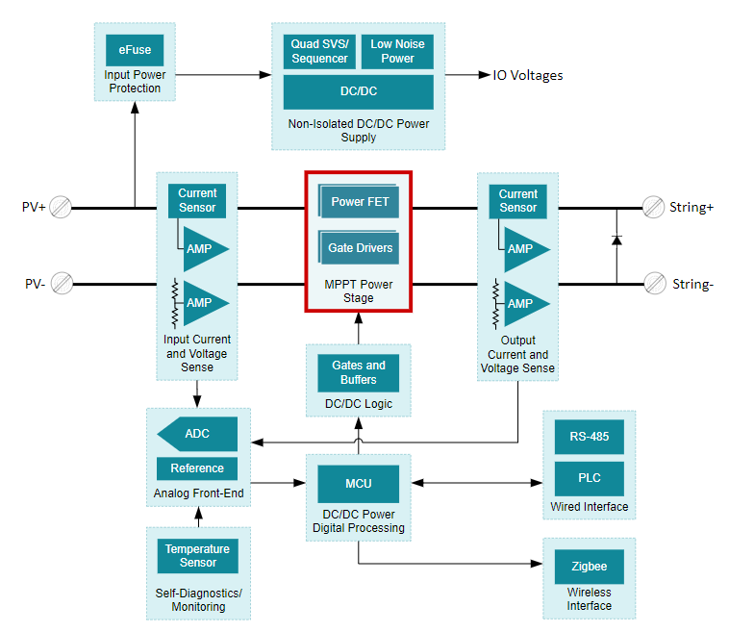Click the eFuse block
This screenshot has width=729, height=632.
(x=135, y=49)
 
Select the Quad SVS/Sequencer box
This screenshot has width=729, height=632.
(x=319, y=51)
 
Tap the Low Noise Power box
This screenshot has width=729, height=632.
(x=397, y=51)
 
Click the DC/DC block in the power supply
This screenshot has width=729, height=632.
(x=358, y=92)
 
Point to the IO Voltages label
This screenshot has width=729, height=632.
(x=528, y=75)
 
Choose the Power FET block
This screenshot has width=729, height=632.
(x=360, y=202)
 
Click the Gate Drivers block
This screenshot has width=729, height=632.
(x=360, y=248)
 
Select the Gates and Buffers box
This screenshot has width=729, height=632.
(x=358, y=372)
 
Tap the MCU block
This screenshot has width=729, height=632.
(x=358, y=483)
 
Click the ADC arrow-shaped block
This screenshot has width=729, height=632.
(x=197, y=434)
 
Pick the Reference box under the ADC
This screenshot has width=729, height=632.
(x=197, y=468)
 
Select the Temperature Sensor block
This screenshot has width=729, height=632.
(x=197, y=556)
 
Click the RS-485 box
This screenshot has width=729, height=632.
(x=589, y=437)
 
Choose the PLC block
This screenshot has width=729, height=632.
(x=589, y=478)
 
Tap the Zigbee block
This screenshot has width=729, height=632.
(x=589, y=567)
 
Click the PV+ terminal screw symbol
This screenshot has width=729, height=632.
(x=62, y=207)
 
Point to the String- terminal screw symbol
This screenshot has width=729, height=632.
(x=654, y=283)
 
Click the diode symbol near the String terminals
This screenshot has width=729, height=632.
(x=616, y=239)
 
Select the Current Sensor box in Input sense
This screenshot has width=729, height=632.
(x=197, y=200)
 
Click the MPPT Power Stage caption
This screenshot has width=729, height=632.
(x=359, y=291)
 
